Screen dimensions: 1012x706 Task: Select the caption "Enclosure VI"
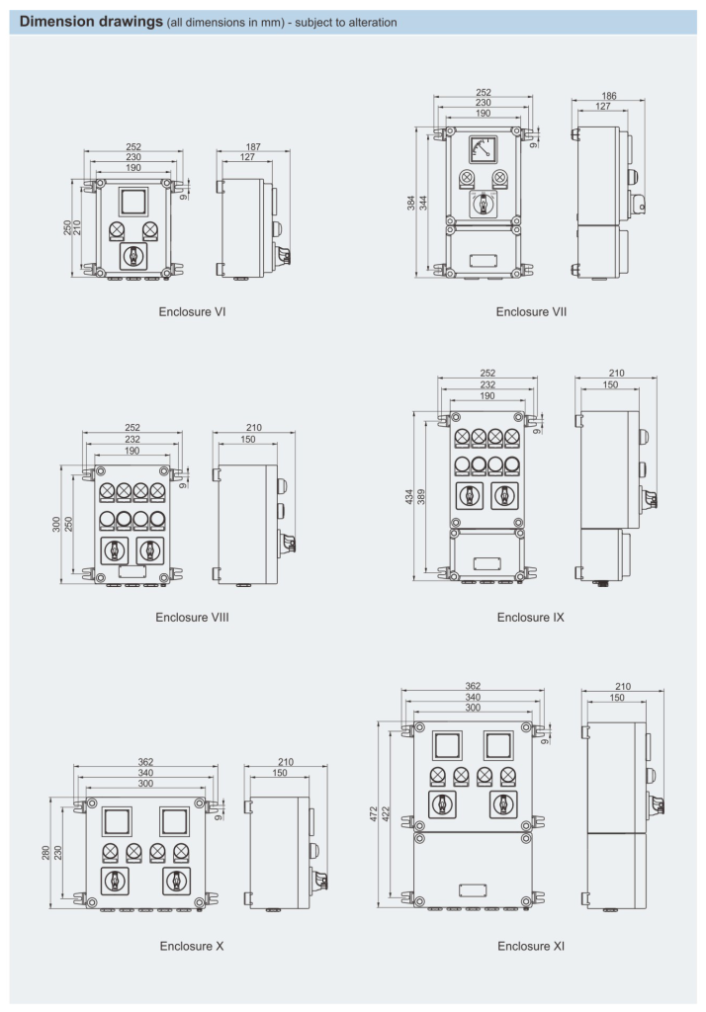[193, 311]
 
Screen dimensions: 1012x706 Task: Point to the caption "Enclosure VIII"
[193, 618]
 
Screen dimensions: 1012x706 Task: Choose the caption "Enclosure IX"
[531, 618]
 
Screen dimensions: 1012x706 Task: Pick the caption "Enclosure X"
[192, 946]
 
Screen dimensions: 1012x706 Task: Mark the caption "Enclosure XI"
[531, 946]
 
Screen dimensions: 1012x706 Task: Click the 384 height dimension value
[410, 203]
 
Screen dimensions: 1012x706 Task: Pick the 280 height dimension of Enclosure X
[46, 852]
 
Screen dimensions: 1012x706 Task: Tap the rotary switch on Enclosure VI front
[133, 256]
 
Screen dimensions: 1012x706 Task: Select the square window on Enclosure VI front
[133, 203]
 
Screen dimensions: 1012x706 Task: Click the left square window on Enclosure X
[118, 820]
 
